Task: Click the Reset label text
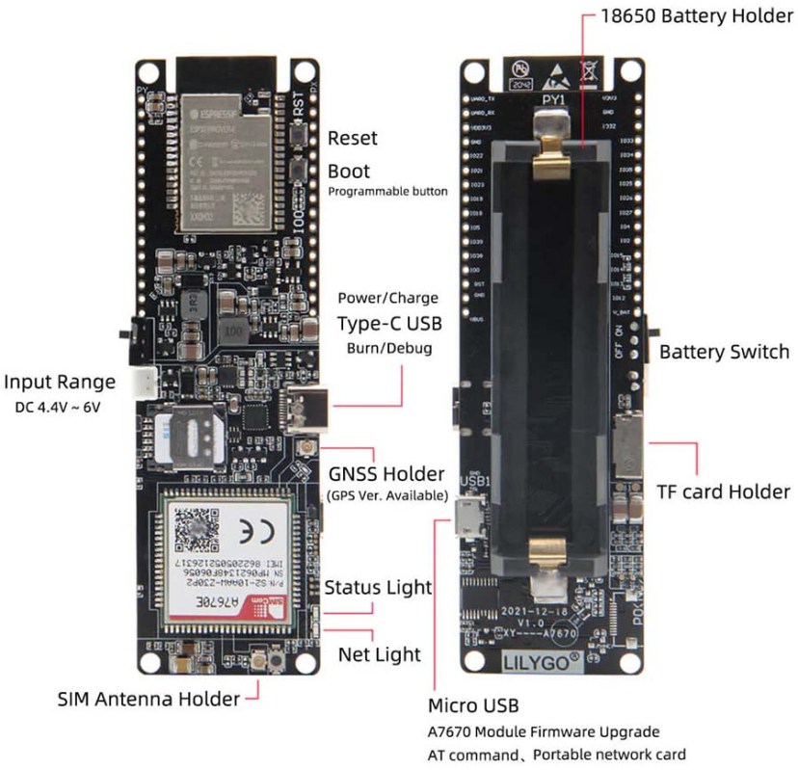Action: pos(353,139)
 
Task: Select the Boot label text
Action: pos(349,171)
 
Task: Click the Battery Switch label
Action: pos(724,352)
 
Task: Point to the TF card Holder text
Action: pos(723,491)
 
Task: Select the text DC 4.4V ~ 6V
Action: pos(58,407)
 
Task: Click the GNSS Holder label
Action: pos(386,474)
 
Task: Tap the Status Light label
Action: pos(378,587)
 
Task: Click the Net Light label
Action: pos(379,654)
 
